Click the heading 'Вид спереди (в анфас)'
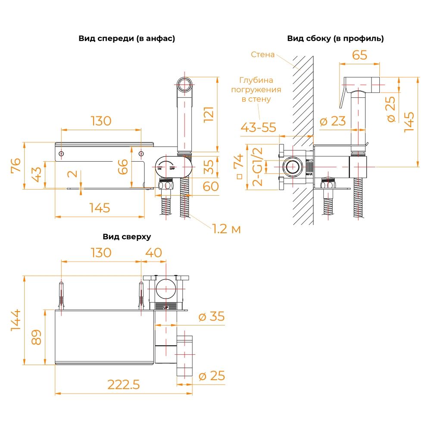[127, 38]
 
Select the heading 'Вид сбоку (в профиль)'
[335, 38]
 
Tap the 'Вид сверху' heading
[127, 237]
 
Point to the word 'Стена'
[262, 55]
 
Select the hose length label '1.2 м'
[226, 229]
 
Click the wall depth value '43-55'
[258, 127]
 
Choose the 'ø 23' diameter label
[333, 121]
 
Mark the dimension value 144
[16, 320]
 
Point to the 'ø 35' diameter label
[212, 317]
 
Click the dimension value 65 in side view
[359, 55]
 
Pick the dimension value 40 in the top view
[153, 252]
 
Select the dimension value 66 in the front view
[123, 166]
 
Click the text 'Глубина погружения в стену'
[256, 90]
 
